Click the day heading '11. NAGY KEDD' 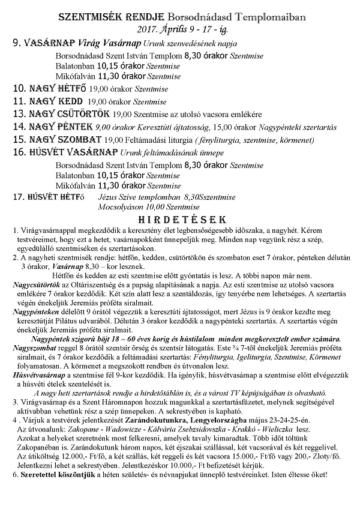coord(44,101)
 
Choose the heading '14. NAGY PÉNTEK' coord(52,127)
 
